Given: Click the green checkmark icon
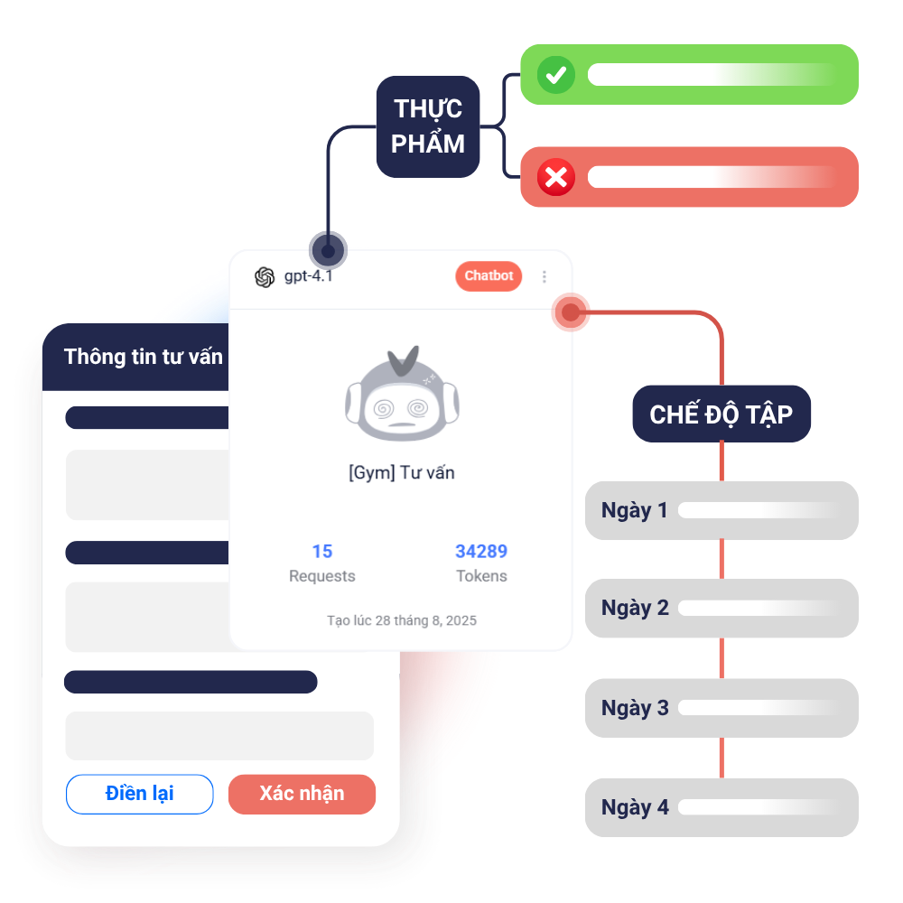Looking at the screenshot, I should tap(556, 75).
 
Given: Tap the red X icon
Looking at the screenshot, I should tap(556, 178).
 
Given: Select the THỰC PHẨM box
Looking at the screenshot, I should tap(428, 126).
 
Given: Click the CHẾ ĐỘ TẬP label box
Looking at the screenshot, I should tap(721, 414).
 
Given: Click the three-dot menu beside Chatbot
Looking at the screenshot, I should tap(545, 277).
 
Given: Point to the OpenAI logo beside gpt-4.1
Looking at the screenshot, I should tap(265, 277).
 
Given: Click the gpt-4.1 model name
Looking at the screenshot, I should tap(308, 276).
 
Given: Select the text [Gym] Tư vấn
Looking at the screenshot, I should tap(401, 472).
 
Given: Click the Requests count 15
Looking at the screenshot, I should tap(322, 551).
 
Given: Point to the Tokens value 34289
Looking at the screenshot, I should tap(481, 551).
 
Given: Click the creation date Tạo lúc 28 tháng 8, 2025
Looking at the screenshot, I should tap(402, 620).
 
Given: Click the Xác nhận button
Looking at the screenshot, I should tap(302, 794).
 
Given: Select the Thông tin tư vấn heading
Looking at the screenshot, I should tap(144, 357).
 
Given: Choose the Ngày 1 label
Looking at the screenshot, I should tap(635, 510).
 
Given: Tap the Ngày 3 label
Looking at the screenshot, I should tap(635, 707).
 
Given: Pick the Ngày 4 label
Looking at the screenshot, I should tap(635, 806).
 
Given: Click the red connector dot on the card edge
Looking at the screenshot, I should tap(571, 312).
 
